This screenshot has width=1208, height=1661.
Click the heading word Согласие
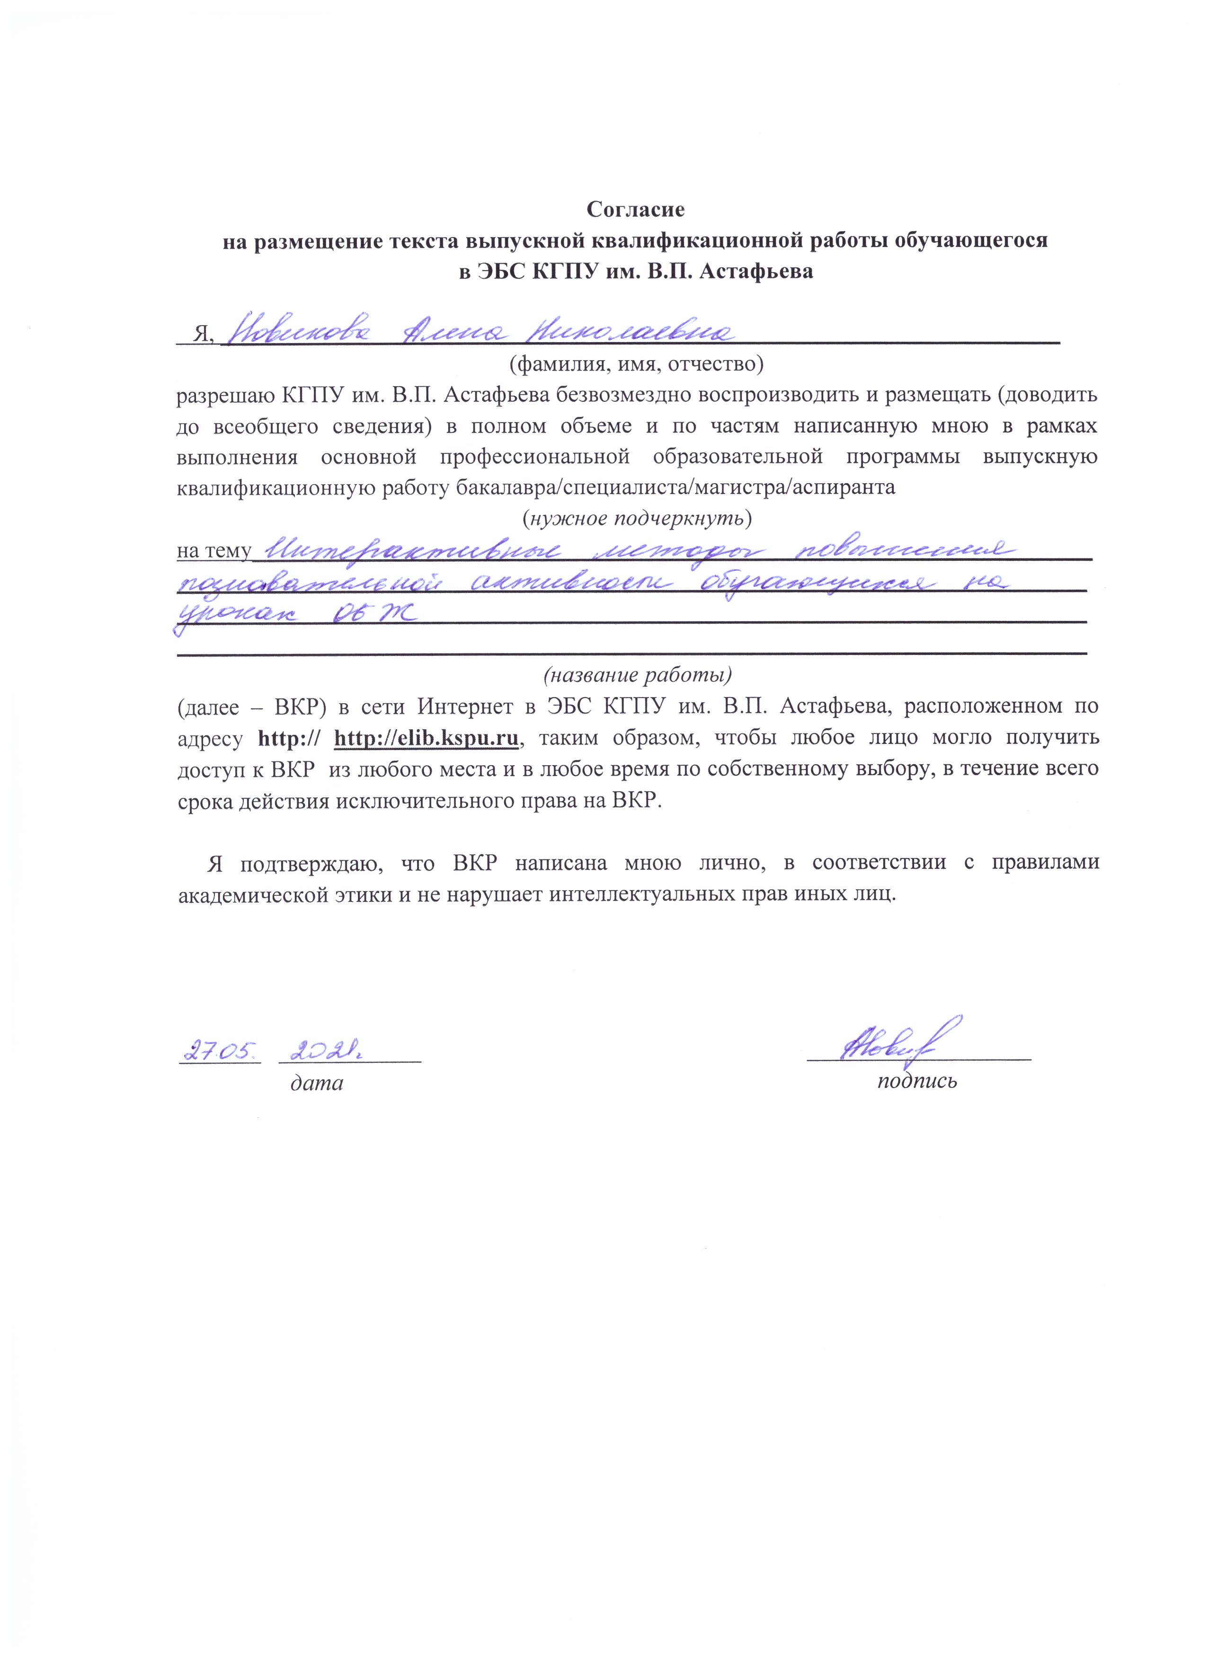(635, 210)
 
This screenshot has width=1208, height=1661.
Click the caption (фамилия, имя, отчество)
(637, 362)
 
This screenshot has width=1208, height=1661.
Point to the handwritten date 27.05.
(220, 1052)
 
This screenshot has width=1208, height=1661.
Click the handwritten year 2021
(327, 1052)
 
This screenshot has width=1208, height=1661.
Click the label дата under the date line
(317, 1082)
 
